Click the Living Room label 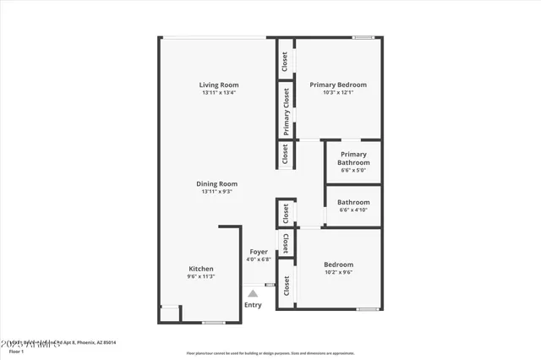218,85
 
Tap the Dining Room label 217,183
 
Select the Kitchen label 200,269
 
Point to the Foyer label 258,252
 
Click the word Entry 253,305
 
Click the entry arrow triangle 252,292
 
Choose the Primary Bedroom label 337,85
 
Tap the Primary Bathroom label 353,159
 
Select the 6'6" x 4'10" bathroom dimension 353,210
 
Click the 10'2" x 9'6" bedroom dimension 338,272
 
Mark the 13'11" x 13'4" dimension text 218,93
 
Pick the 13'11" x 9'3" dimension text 217,192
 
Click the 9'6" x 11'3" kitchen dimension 200,277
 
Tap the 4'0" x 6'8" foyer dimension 258,259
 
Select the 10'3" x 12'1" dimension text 337,93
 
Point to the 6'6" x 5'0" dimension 353,170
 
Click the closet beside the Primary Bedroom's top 284,60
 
